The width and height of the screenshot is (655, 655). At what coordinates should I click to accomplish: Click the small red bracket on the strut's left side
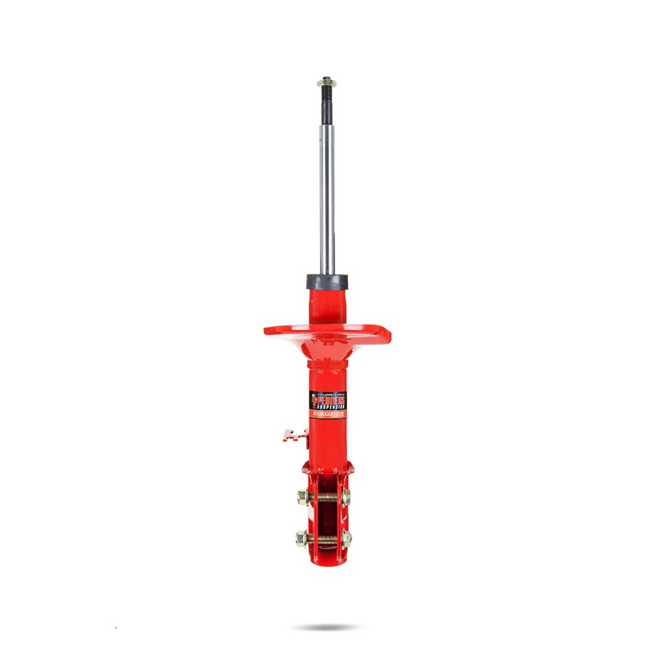pos(291,435)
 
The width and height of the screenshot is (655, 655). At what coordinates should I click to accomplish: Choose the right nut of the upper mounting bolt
pos(347,496)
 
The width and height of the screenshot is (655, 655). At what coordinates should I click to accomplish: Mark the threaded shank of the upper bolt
pos(326,496)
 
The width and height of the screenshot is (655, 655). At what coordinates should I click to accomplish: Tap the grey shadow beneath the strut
pos(327,628)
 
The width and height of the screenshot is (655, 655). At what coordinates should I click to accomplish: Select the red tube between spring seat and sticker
pos(327,368)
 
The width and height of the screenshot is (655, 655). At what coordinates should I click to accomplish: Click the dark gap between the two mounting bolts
pos(326,517)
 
